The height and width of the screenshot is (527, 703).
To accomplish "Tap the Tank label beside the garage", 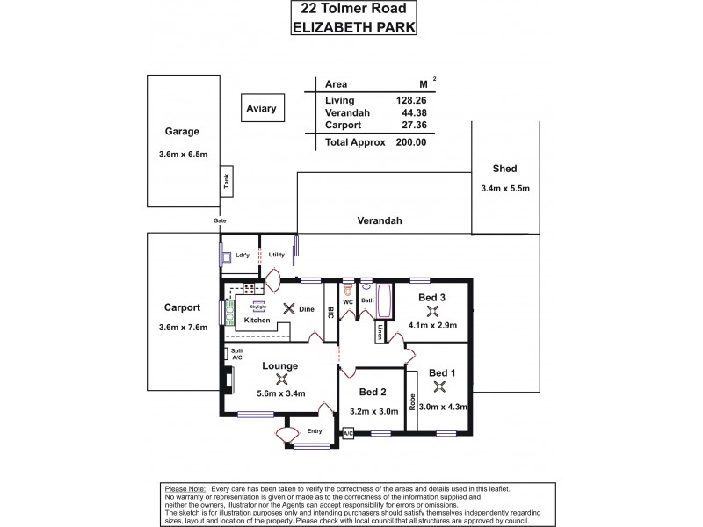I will (x=226, y=182).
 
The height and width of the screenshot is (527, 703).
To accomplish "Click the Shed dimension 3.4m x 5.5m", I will (x=505, y=188).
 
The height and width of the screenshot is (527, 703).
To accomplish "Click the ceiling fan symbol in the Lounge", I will (x=282, y=379).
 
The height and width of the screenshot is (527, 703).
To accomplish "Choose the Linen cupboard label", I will (x=380, y=333).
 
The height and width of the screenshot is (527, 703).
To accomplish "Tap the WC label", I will (x=348, y=300).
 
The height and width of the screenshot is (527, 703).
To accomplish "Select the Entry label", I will (x=315, y=431).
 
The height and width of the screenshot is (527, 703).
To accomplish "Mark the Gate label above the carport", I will (x=220, y=221).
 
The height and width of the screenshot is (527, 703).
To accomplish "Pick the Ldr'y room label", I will (x=243, y=256).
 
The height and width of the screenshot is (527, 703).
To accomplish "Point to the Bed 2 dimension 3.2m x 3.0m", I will (x=371, y=409).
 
